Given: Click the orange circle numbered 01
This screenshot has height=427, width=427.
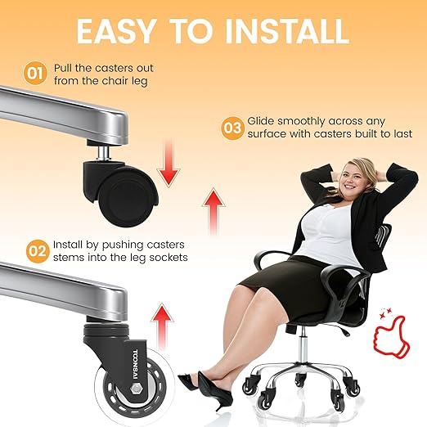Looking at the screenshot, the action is pyautogui.click(x=35, y=73).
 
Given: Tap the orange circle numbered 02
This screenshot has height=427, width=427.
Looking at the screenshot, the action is pyautogui.click(x=38, y=251).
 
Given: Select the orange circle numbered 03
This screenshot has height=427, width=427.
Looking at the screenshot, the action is pyautogui.click(x=232, y=128).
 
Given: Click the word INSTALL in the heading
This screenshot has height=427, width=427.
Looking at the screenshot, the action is pyautogui.click(x=286, y=30).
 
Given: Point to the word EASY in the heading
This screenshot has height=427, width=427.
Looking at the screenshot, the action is pyautogui.click(x=116, y=30).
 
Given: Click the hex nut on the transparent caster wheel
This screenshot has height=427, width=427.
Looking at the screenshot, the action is pyautogui.click(x=135, y=389).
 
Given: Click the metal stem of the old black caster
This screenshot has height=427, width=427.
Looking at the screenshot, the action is pyautogui.click(x=103, y=153).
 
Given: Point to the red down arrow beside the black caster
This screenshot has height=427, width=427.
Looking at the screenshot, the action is pyautogui.click(x=169, y=164).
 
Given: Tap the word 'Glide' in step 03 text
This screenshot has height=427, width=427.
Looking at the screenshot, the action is pyautogui.click(x=261, y=121).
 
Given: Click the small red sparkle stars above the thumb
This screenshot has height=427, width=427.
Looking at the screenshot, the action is pyautogui.click(x=386, y=313).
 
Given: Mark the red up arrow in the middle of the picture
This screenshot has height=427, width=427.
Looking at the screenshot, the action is pyautogui.click(x=213, y=212).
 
